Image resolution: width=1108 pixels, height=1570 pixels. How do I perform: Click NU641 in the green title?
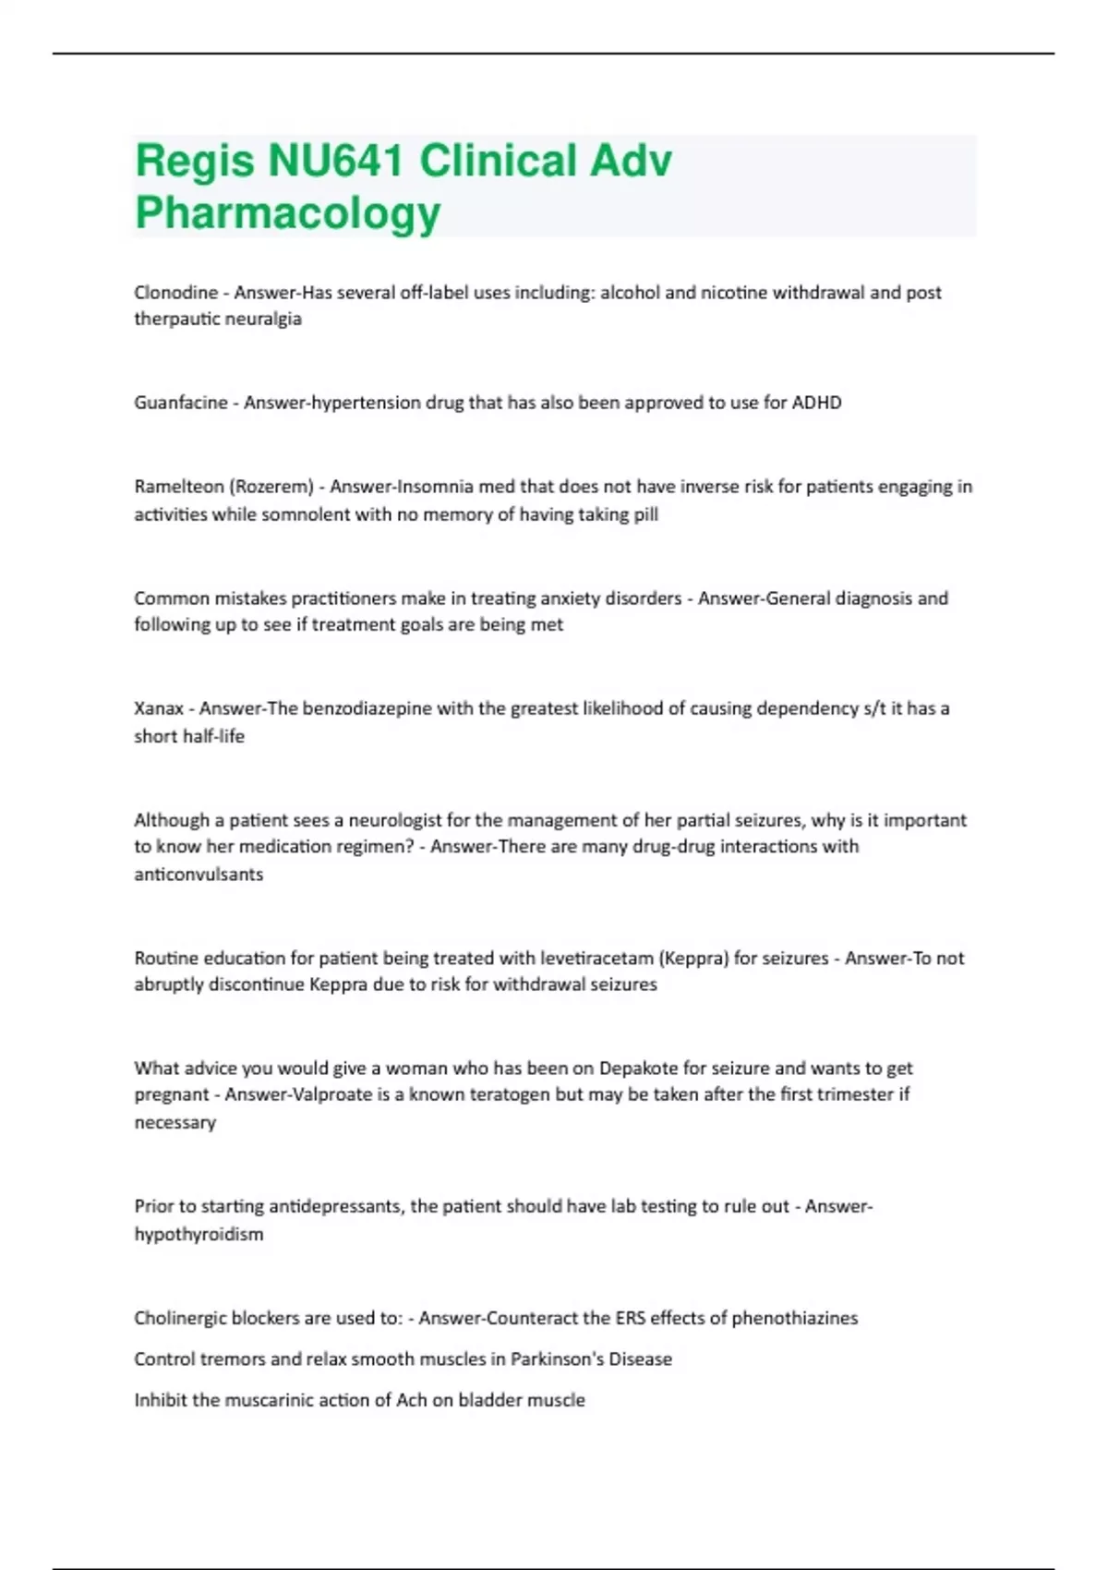click(335, 161)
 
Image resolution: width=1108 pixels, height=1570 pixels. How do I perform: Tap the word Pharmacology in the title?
click(288, 212)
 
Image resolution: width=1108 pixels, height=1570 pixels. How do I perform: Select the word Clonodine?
click(176, 293)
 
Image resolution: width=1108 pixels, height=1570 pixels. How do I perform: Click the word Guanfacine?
click(181, 403)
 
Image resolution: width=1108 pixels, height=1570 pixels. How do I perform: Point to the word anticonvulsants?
click(199, 875)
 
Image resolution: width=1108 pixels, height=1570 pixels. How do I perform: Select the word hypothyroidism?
click(199, 1235)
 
